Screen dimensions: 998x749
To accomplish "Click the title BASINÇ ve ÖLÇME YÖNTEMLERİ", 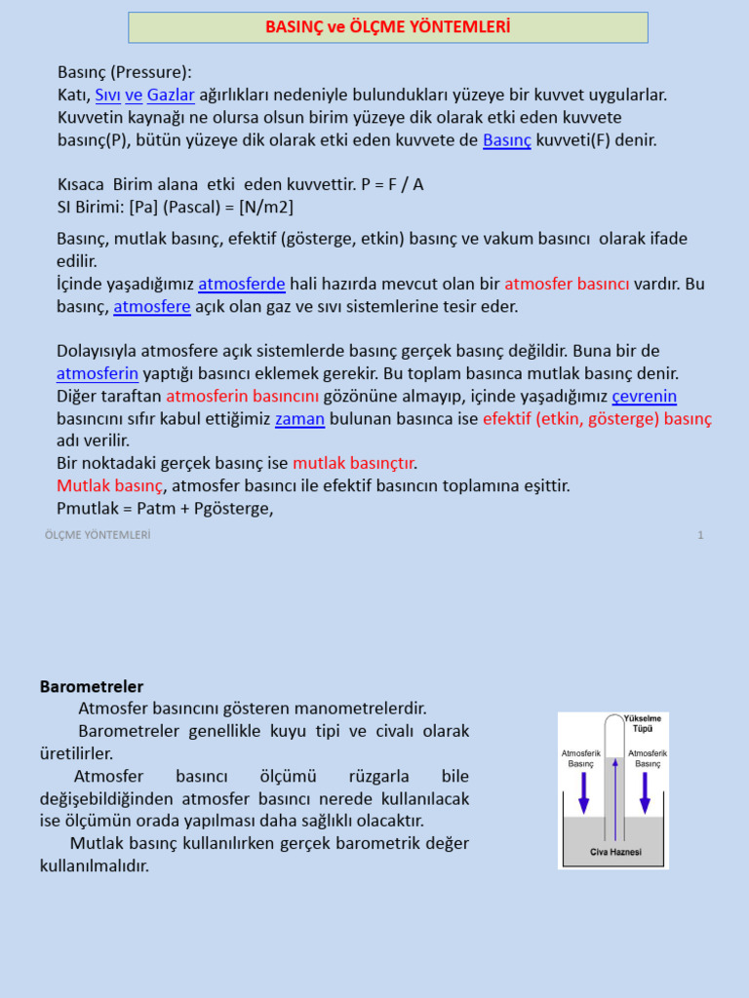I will (388, 27).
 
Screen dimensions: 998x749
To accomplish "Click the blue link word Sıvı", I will (107, 95).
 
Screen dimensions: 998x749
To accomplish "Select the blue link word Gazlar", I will (171, 95).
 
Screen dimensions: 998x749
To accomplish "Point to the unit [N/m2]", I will (265, 207).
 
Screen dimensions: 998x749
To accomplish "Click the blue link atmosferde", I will (242, 284).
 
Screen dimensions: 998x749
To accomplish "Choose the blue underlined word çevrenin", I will (644, 396).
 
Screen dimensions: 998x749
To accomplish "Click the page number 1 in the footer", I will (700, 535).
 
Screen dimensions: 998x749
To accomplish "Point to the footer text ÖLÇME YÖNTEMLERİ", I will (98, 535).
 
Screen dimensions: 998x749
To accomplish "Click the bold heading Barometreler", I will (92, 687).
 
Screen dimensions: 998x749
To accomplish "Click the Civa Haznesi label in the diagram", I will (615, 852).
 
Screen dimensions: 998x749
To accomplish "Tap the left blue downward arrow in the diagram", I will (583, 792).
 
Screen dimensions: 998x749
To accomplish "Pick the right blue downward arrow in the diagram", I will (645, 792).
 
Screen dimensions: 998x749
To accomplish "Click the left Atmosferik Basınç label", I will (581, 758).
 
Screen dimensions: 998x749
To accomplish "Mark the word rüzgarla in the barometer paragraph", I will (375, 776).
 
